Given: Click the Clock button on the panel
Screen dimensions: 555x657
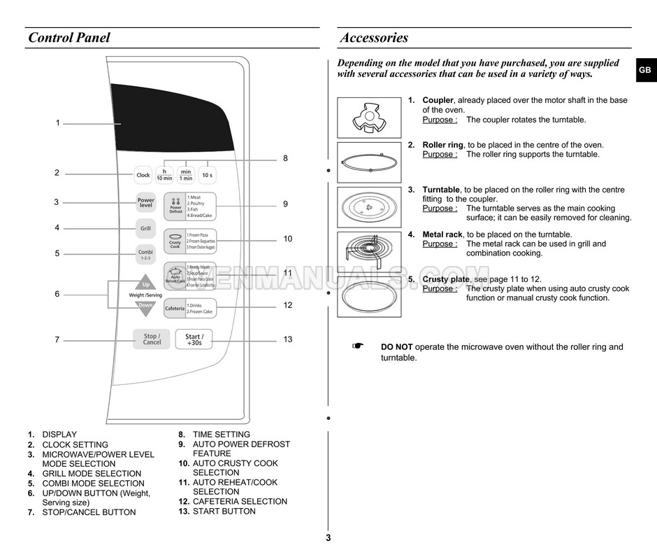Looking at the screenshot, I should [143, 175].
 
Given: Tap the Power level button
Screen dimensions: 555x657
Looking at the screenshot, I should [145, 202].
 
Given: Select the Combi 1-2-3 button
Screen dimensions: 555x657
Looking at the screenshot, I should [145, 254].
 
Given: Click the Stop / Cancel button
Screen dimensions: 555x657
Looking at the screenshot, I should [152, 339].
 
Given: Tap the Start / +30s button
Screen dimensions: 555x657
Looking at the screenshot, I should [194, 339].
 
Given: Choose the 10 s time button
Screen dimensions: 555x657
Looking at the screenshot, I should [207, 175].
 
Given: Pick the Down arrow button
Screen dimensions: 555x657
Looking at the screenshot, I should [145, 307].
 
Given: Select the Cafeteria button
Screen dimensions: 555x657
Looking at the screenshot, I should [175, 308].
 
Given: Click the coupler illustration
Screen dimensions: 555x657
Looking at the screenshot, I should [368, 117].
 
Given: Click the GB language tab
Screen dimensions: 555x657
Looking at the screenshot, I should [644, 70].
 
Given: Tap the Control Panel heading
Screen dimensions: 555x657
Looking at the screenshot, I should [69, 38].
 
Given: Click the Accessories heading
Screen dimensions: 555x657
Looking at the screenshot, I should [374, 38].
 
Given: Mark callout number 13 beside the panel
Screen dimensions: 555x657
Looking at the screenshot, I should [288, 339].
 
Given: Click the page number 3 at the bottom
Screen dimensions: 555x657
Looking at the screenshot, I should [328, 538].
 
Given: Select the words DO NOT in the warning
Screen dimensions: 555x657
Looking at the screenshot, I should [396, 347].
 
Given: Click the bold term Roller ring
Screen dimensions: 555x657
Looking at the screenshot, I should [442, 145].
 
